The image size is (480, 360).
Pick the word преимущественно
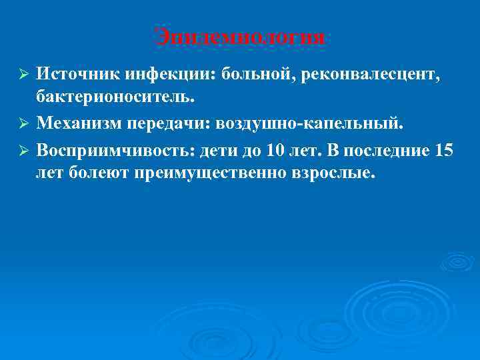(x=213, y=175)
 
